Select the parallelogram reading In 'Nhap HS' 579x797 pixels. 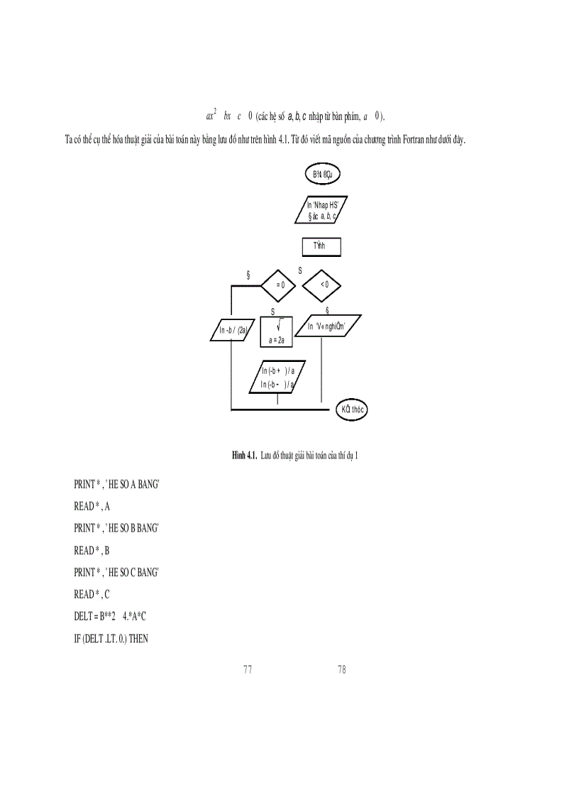click(x=321, y=209)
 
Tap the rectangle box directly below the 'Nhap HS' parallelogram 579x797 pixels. click(x=321, y=246)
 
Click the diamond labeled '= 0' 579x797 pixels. click(x=280, y=285)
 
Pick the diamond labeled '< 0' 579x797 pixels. click(x=322, y=285)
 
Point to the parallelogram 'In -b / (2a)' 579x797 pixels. click(x=233, y=330)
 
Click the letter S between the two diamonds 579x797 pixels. click(x=300, y=270)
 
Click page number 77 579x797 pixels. click(x=248, y=669)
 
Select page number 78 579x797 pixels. click(x=342, y=669)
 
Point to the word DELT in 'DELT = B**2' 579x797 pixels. click(x=84, y=616)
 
